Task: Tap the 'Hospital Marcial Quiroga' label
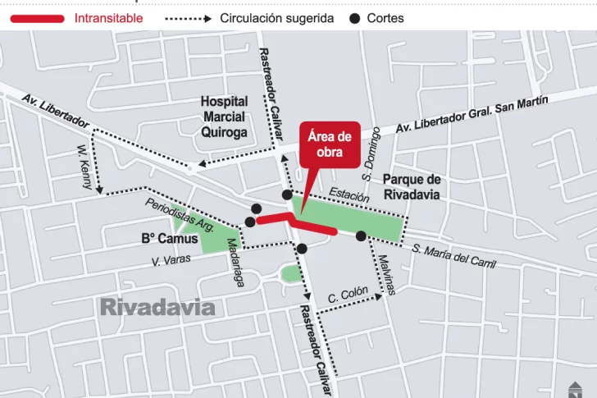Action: tap(224, 117)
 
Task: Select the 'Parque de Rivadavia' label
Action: tap(412, 187)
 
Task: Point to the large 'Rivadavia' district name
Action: tap(157, 308)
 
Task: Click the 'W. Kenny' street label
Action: tap(84, 167)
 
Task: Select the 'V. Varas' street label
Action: tap(171, 260)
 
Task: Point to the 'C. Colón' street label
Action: tap(348, 295)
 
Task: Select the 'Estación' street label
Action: tap(349, 194)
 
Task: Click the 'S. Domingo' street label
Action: tap(371, 153)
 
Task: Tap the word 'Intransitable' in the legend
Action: tap(108, 18)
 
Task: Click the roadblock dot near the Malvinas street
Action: tap(361, 236)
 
